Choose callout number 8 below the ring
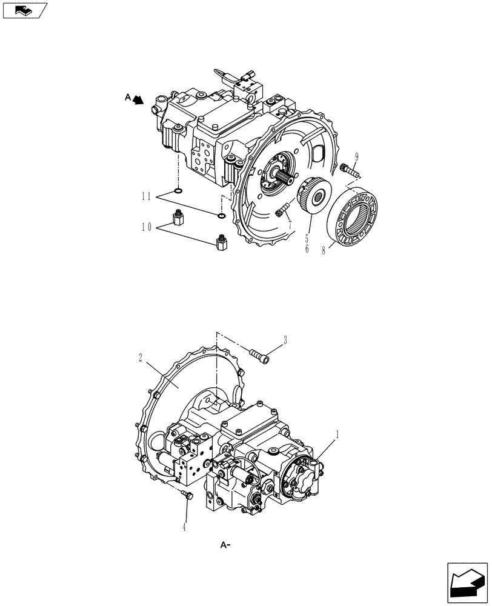click(324, 249)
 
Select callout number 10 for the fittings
click(146, 227)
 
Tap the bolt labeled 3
click(259, 354)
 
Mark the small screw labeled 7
click(282, 212)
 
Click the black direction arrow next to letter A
click(139, 100)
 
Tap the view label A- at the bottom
click(227, 546)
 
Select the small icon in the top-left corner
click(25, 10)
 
